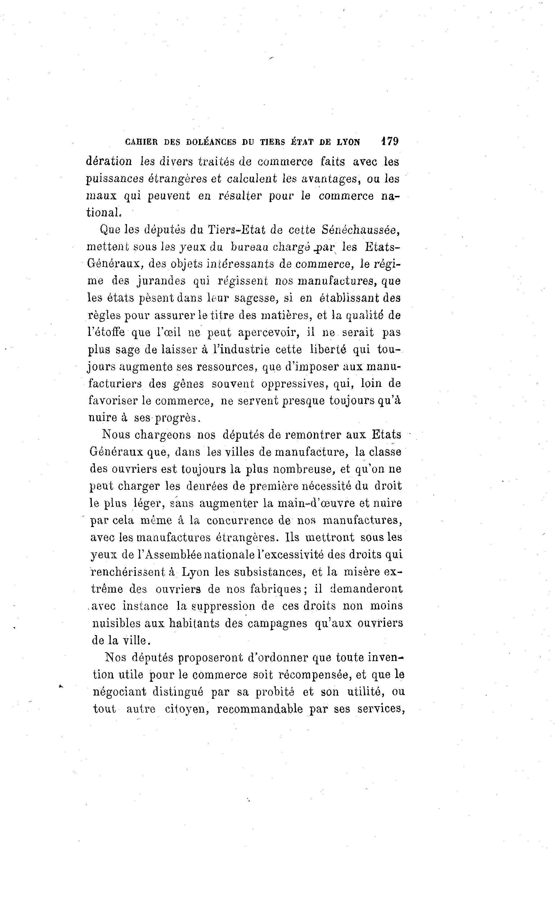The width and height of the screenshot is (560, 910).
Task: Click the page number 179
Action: click(x=390, y=141)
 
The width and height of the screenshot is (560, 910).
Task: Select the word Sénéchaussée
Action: click(x=360, y=230)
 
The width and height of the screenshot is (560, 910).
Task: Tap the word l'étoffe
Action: click(x=106, y=332)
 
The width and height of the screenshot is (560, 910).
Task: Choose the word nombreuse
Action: click(x=304, y=469)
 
